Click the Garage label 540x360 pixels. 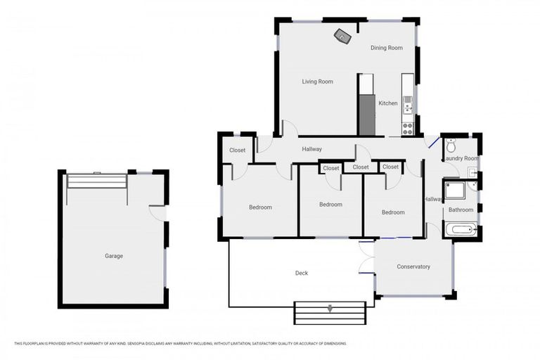(x=114, y=256)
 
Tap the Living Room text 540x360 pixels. (x=317, y=82)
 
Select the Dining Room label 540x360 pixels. (x=386, y=48)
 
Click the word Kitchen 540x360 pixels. (x=387, y=103)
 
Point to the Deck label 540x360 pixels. (x=301, y=273)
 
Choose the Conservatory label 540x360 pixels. (x=413, y=266)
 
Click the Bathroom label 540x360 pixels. (x=461, y=210)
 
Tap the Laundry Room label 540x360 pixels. (x=461, y=159)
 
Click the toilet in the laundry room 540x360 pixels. (x=451, y=146)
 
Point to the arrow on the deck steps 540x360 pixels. (x=330, y=308)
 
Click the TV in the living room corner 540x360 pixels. (x=342, y=36)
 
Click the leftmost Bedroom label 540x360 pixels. (x=260, y=207)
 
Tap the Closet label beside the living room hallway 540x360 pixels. (x=238, y=150)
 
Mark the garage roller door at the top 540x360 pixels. (x=96, y=181)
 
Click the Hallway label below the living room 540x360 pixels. (x=311, y=149)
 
